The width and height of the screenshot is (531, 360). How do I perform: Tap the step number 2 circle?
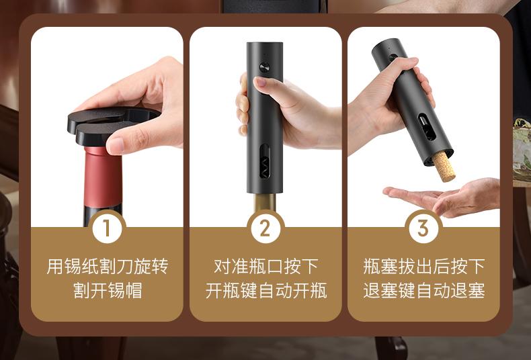pos(265,228)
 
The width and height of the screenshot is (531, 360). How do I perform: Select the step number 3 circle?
pos(423,228)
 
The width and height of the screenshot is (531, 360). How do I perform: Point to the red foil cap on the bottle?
pos(103,176)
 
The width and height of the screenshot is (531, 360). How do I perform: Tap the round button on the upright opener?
pos(264,67)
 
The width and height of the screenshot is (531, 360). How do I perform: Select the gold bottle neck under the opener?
pos(265,202)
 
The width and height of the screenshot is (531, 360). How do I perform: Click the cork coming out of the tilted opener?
pos(444,167)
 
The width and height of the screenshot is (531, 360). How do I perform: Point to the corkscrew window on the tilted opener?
pos(427,127)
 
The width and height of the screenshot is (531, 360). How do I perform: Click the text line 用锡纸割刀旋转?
pos(107,267)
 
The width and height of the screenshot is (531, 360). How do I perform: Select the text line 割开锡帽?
pos(108,291)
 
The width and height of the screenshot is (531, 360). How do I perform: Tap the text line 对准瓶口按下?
pos(266,267)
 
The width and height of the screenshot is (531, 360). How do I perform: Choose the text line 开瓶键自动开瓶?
pos(266,291)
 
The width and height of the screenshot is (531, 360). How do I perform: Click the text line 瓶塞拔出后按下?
pos(424,267)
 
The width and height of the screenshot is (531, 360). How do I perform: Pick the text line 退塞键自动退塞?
pos(424,291)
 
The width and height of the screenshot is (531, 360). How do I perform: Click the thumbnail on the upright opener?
pos(260,81)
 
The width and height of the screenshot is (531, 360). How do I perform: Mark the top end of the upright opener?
pos(264,43)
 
